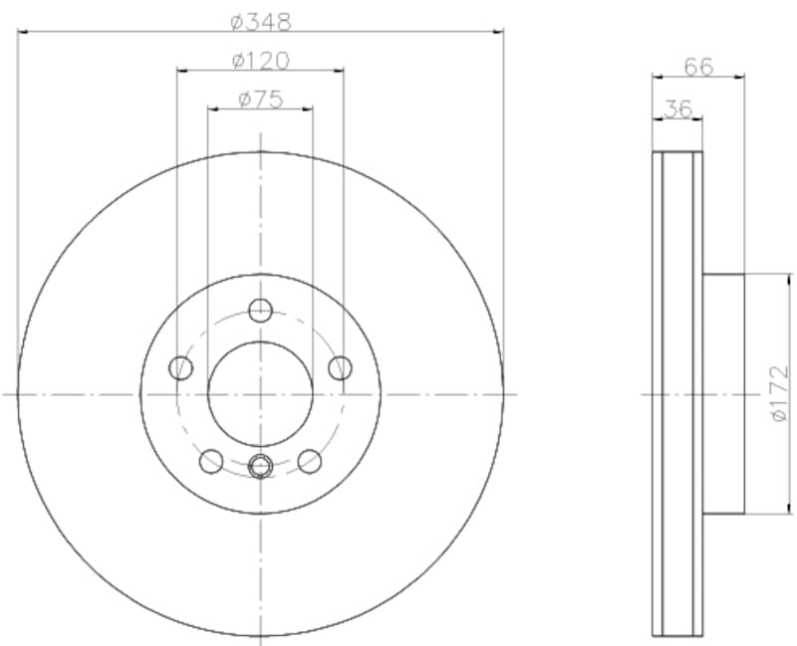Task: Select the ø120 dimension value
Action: tap(260, 60)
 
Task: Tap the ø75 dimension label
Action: tap(261, 98)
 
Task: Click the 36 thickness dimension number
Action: tap(677, 108)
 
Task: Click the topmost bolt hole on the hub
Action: tap(261, 310)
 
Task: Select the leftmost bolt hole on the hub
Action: tap(181, 368)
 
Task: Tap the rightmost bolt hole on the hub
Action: tap(340, 368)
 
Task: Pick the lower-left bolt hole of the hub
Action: tap(211, 461)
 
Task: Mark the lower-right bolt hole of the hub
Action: tap(310, 461)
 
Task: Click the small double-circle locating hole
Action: tap(261, 464)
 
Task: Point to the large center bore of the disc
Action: tap(261, 394)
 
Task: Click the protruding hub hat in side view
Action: tap(723, 394)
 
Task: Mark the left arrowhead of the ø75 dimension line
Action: tap(212, 108)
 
